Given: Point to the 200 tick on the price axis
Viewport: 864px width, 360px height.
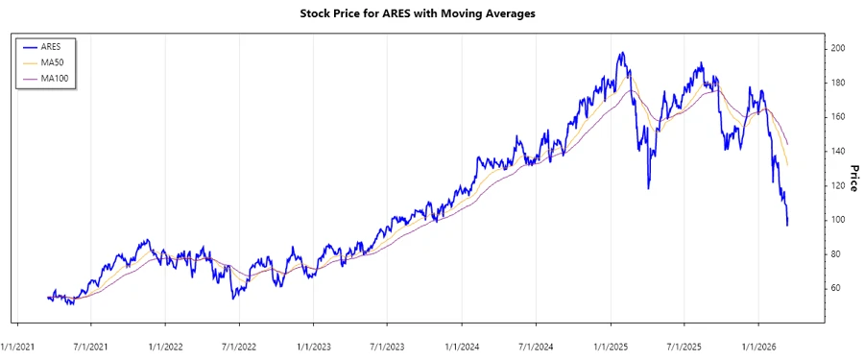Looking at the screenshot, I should (839, 48).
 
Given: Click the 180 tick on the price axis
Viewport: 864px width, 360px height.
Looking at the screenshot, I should (839, 83).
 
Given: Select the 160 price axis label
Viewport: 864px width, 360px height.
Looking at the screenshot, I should (839, 116).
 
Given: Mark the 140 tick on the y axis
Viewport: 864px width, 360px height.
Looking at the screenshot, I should (839, 151).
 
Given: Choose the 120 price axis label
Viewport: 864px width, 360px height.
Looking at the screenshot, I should (839, 185).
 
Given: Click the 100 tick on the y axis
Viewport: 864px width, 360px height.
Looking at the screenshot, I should (839, 220).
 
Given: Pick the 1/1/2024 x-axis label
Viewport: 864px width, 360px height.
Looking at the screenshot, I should (463, 343).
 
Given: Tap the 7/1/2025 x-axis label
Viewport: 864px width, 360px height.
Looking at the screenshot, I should (684, 343).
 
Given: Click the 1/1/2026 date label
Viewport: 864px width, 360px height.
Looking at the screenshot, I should (758, 343).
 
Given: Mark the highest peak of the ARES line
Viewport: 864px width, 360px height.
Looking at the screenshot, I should (622, 53).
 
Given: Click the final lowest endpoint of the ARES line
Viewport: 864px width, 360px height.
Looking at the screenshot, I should (787, 226).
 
